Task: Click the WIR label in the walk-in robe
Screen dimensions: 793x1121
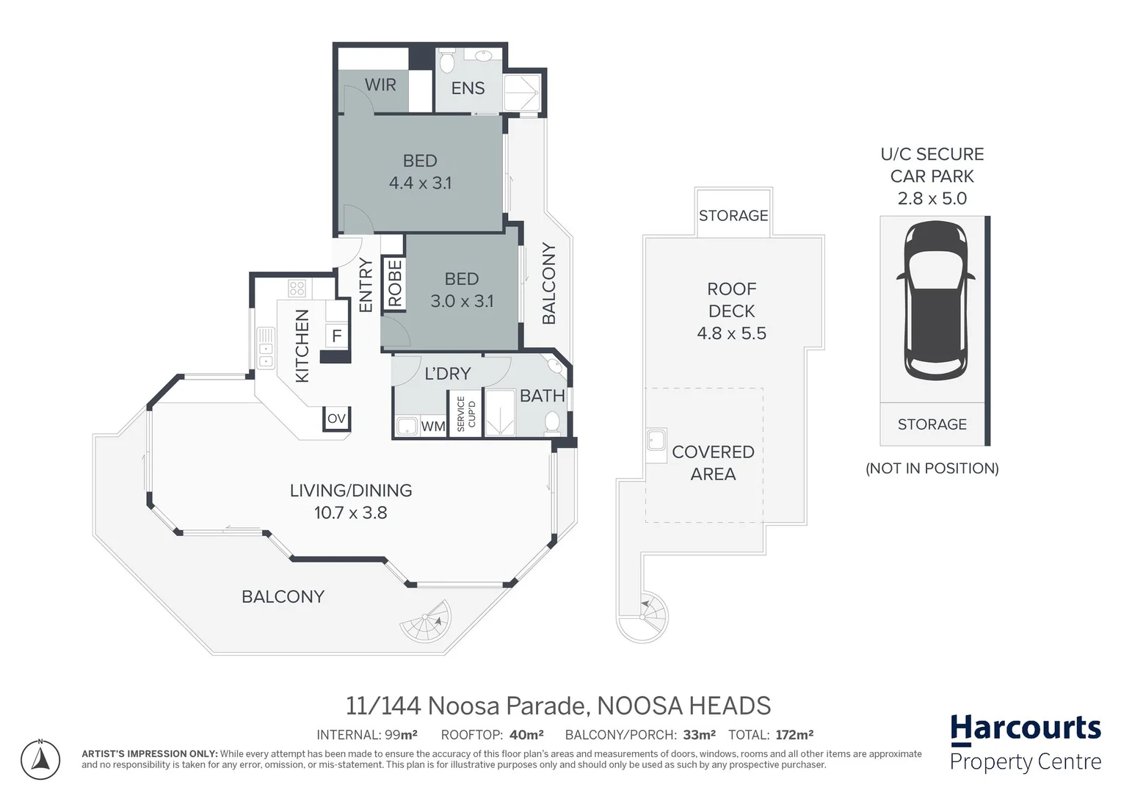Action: [x=380, y=85]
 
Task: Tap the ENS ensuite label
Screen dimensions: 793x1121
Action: [x=468, y=89]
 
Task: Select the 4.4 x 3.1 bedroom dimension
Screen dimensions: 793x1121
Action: [x=420, y=184]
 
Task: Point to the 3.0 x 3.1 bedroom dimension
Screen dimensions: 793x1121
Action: [x=462, y=302]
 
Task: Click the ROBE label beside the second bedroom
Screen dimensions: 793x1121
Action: [x=395, y=283]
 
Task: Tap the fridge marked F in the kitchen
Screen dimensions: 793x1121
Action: [x=336, y=336]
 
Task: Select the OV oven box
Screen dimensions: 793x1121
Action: [x=336, y=419]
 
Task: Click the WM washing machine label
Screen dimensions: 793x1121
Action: [x=432, y=427]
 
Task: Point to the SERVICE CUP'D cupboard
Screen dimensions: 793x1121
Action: [x=465, y=414]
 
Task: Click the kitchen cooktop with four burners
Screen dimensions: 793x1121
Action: [x=297, y=288]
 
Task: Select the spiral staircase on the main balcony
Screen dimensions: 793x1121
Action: [x=427, y=623]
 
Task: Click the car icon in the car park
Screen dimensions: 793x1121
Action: [x=935, y=300]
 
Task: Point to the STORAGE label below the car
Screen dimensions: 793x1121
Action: [x=932, y=424]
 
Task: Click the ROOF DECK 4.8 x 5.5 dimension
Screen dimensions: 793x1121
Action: [x=731, y=333]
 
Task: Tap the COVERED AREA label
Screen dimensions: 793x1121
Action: [x=713, y=463]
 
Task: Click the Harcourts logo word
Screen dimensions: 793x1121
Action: [x=1026, y=728]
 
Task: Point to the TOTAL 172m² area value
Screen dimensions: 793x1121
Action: [x=794, y=735]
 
